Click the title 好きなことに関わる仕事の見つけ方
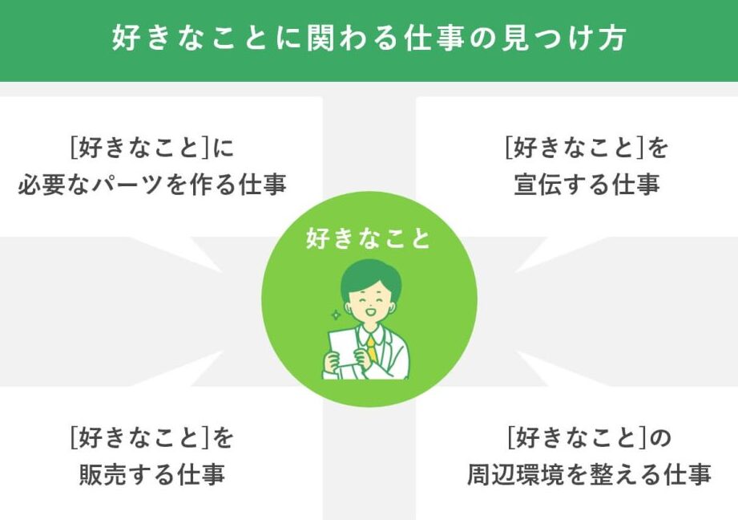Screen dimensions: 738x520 (x=369, y=39)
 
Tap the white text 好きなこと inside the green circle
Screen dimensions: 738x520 (x=369, y=238)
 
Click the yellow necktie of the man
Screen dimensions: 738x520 (x=372, y=349)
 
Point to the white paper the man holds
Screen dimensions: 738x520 (x=343, y=347)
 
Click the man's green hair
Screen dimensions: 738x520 (x=371, y=279)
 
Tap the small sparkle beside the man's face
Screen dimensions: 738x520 (x=336, y=315)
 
